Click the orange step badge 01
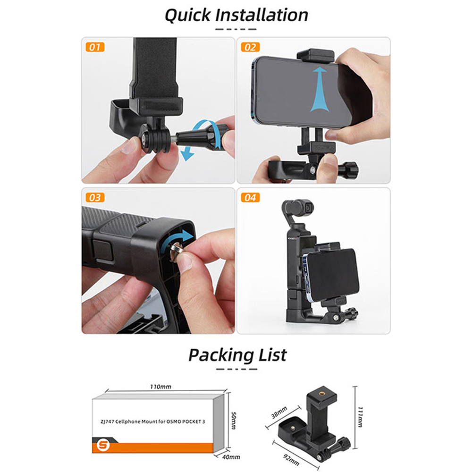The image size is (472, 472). click(95, 47)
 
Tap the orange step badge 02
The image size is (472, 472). click(251, 47)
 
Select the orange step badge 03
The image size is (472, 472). click(95, 197)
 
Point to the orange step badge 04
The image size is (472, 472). click(251, 197)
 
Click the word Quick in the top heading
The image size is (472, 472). click(188, 16)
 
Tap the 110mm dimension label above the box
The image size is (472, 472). click(161, 387)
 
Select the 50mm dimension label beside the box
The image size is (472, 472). click(233, 421)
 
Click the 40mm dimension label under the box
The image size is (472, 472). click(231, 457)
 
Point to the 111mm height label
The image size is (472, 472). click(360, 417)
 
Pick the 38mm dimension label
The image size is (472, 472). click(279, 413)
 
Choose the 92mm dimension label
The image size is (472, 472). click(291, 460)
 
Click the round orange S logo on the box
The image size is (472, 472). click(103, 445)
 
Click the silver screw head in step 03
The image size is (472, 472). click(175, 252)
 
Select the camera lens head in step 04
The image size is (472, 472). click(298, 208)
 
